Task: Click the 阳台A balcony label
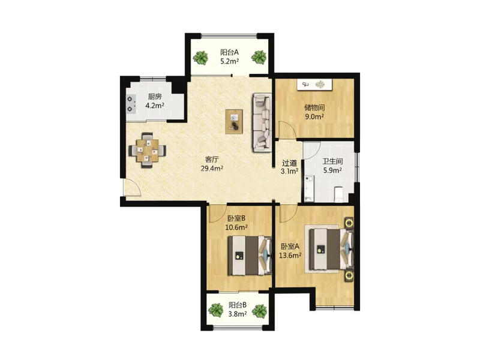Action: tap(229, 52)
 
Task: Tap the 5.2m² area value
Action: tap(230, 61)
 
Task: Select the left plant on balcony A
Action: tap(200, 57)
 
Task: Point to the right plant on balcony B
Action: tap(260, 311)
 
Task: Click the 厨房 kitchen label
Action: tap(155, 97)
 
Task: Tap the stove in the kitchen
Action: tap(131, 104)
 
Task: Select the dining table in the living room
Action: tap(148, 150)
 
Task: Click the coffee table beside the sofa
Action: tap(234, 122)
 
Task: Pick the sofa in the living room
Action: tap(262, 122)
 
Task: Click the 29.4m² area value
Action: tap(212, 168)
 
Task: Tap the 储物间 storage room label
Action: tap(314, 108)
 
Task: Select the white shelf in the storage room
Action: tap(314, 85)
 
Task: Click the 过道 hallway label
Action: tap(289, 163)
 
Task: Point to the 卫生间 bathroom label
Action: tap(332, 161)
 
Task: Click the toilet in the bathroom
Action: tap(338, 194)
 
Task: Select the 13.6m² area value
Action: tap(290, 256)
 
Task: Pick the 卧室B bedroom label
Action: tap(236, 218)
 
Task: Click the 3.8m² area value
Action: tap(238, 314)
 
